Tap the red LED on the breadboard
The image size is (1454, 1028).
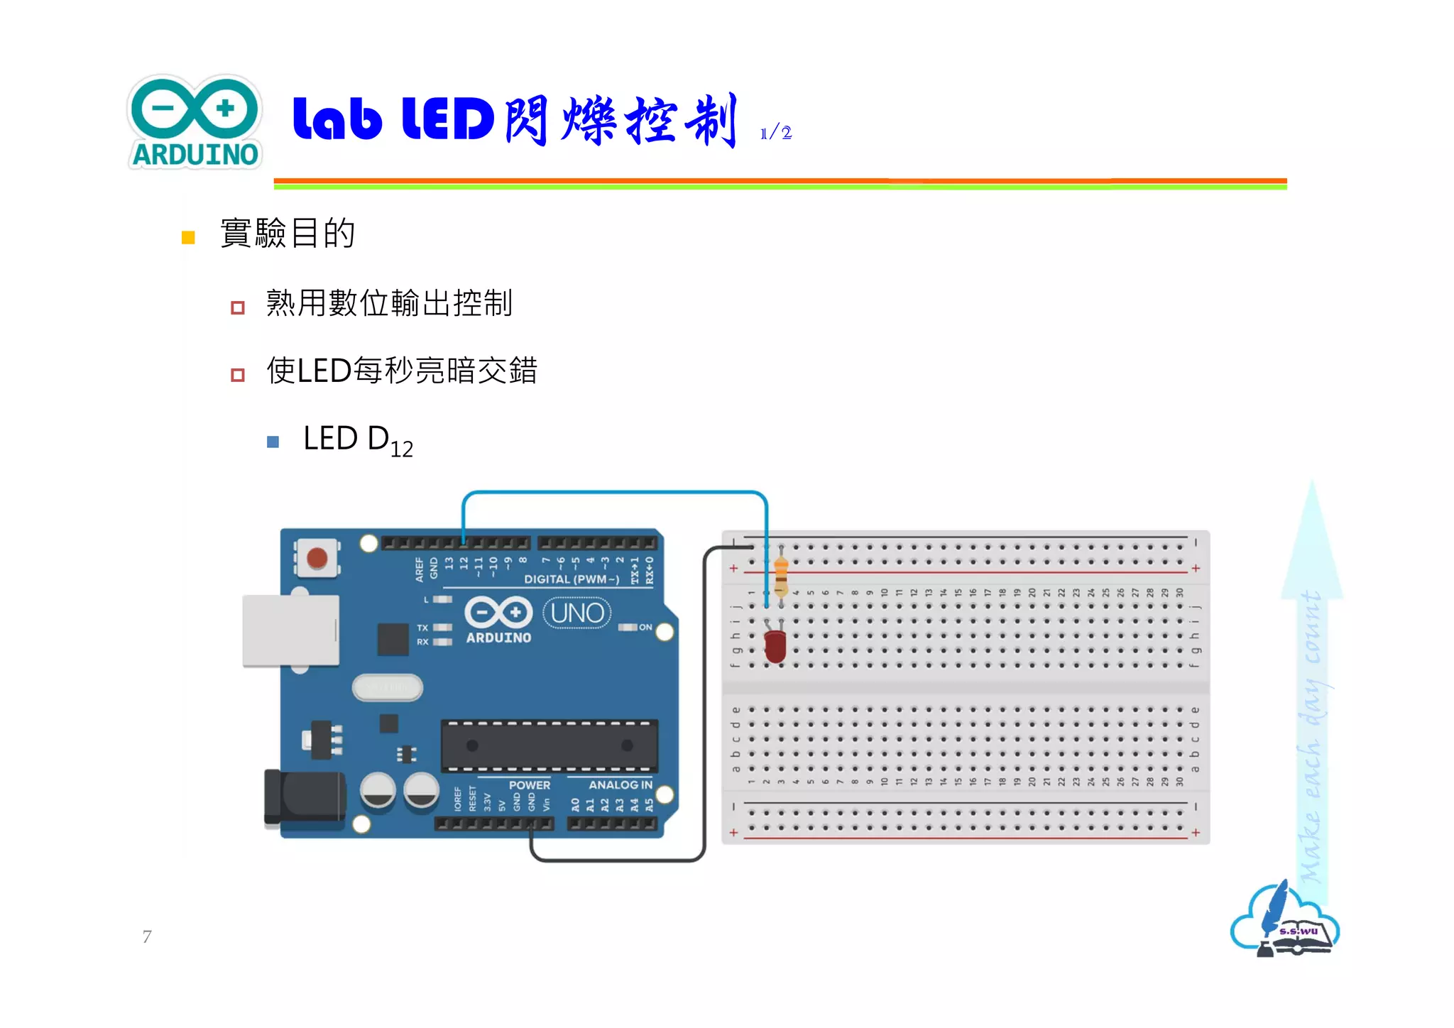pos(775,645)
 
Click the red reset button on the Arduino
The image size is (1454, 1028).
pos(317,558)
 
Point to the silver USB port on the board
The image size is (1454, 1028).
pos(290,631)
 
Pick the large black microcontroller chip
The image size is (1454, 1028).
pos(549,745)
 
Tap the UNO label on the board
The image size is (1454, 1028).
pos(577,613)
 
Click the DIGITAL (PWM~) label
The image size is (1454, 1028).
pos(572,579)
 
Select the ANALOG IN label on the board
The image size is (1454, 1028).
pos(620,785)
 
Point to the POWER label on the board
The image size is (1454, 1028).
pos(529,785)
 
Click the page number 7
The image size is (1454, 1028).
pos(147,936)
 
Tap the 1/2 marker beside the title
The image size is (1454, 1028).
pos(775,133)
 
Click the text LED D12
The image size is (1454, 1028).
pos(357,440)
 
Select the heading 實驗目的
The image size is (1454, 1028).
pos(288,233)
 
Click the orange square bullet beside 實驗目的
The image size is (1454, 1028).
pos(188,237)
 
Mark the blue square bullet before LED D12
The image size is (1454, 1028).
pos(273,442)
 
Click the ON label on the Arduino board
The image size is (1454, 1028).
pos(645,628)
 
